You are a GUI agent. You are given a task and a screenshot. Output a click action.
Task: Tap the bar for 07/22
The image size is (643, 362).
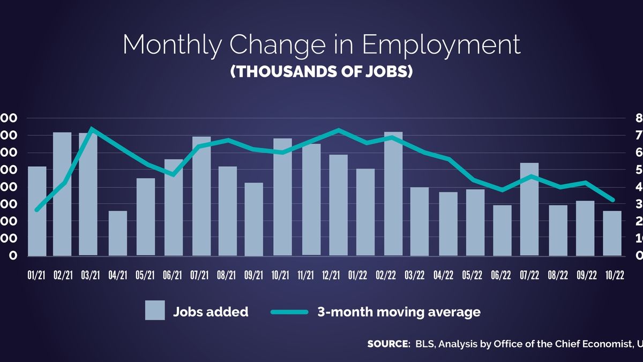529,209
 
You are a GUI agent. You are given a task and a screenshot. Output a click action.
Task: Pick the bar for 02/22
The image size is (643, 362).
393,194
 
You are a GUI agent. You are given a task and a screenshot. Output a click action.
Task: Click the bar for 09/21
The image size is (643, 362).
254,219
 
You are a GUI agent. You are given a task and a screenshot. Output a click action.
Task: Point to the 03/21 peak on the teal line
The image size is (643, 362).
92,129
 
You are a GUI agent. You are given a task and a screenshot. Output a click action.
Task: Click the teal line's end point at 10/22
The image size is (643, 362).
612,200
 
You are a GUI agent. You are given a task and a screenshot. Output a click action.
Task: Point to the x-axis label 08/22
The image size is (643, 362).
557,276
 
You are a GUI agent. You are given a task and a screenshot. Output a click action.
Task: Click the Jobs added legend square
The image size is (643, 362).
155,311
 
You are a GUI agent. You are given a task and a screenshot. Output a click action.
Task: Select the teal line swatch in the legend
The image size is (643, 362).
289,312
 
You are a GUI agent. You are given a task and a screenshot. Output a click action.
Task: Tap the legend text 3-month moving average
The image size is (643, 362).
398,312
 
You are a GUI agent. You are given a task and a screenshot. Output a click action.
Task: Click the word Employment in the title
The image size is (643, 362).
440,45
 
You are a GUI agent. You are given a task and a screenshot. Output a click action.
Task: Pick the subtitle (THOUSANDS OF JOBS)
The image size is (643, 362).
322,72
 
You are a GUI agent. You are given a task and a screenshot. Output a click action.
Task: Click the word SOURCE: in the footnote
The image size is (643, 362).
388,344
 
